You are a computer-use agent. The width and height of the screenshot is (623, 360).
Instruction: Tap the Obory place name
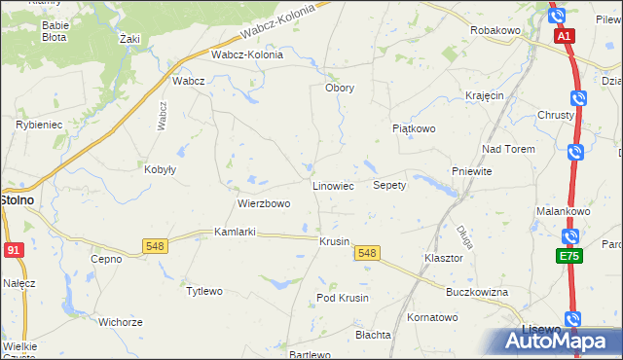point(339,88)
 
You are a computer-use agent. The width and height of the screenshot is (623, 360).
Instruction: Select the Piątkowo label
point(414,128)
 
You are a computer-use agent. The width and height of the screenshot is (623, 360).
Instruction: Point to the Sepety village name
point(389,185)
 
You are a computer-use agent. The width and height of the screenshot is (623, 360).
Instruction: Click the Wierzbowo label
point(264,204)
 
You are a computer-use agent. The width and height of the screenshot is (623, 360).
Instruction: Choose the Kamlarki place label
point(235,233)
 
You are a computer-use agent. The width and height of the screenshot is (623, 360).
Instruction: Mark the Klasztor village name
point(443,259)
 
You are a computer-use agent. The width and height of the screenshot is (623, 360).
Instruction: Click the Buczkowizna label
point(477,292)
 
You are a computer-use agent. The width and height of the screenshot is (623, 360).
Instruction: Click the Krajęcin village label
point(484,95)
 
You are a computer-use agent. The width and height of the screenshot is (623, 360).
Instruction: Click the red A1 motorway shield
point(565,36)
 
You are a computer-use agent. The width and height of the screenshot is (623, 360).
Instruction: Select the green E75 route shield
point(568,256)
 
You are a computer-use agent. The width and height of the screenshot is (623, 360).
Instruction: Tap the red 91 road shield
point(12,249)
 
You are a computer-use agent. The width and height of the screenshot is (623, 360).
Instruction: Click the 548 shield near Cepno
point(155,246)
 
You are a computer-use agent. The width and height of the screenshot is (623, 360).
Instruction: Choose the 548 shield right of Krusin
point(366,253)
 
